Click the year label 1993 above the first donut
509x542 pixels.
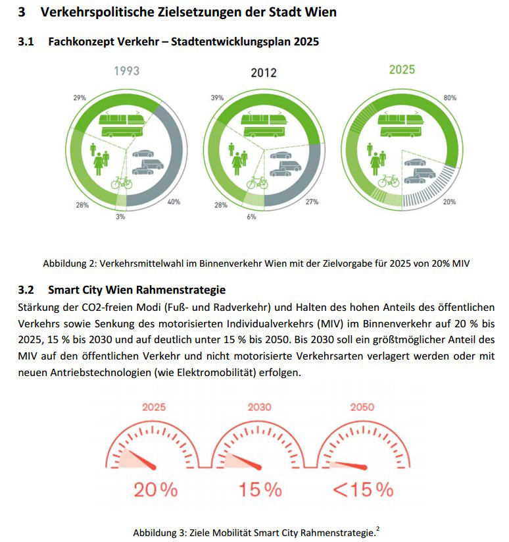pos(126,70)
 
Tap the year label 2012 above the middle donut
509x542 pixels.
pos(264,73)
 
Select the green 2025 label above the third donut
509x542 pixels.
pos(401,69)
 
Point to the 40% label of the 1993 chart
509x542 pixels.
pos(174,202)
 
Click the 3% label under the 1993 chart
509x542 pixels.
pos(120,217)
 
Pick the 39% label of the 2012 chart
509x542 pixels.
pos(217,97)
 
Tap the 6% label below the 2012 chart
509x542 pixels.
pos(251,217)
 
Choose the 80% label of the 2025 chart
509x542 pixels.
pos(450,97)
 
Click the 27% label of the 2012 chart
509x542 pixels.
pos(312,202)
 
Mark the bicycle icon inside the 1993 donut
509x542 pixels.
pos(122,181)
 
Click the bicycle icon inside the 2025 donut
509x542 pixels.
pos(388,179)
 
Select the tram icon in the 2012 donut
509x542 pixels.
pos(265,124)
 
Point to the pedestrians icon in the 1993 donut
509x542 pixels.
pos(100,156)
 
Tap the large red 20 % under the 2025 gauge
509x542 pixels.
pos(156,490)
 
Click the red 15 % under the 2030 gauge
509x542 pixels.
pos(260,490)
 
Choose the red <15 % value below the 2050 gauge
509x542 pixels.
pos(363,490)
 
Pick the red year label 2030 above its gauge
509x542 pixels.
pos(259,407)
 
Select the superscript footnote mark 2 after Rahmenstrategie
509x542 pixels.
pos(377,528)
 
